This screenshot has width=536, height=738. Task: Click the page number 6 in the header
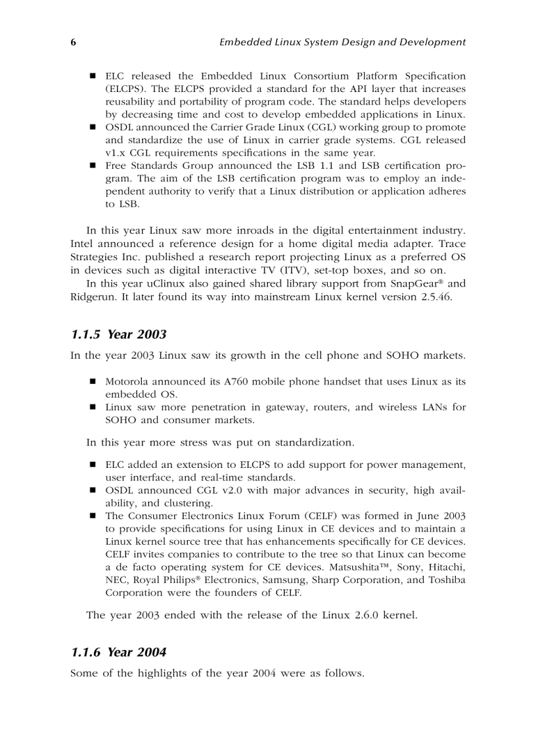click(74, 42)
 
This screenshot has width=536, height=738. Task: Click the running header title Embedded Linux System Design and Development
click(342, 42)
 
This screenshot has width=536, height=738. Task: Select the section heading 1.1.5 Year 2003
click(118, 334)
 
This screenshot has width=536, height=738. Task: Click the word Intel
click(82, 244)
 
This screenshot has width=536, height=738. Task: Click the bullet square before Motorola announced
click(93, 381)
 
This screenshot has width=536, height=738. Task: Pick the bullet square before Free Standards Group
click(93, 166)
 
